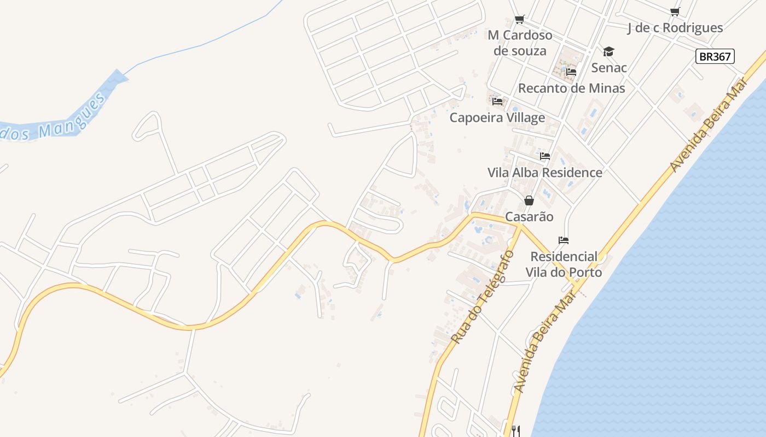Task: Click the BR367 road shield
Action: coord(715,56)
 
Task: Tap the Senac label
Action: coord(609,68)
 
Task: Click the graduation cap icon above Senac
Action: coord(608,52)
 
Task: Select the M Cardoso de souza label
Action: coord(520,43)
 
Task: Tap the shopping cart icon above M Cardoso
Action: coord(520,20)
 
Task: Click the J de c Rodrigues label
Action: coord(675,28)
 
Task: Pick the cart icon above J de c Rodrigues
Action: coord(675,11)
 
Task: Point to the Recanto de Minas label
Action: coord(571,88)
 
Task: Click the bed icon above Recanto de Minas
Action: coord(571,72)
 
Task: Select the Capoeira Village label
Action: coord(497,117)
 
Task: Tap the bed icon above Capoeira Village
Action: coord(497,102)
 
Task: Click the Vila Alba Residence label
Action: coord(545,173)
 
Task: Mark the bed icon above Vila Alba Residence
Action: coord(545,156)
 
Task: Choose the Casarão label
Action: coord(529,217)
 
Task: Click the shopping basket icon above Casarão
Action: coord(529,200)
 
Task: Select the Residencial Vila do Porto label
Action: coord(564,264)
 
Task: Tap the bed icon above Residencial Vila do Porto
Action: coord(564,240)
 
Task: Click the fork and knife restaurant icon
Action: coord(516,431)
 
